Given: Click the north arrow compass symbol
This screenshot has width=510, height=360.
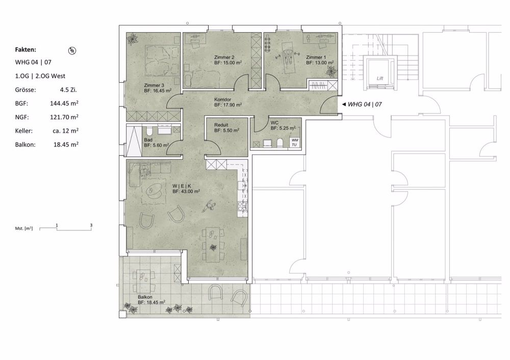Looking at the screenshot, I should [72, 50].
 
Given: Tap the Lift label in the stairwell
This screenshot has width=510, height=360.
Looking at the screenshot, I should [379, 79].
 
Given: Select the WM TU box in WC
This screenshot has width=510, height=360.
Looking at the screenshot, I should [294, 142].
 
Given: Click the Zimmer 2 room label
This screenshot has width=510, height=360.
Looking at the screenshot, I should [224, 57].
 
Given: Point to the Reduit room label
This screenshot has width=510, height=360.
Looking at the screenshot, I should [221, 124].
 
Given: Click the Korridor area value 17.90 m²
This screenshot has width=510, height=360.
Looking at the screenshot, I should [227, 105].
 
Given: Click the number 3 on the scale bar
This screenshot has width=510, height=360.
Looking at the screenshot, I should [91, 224].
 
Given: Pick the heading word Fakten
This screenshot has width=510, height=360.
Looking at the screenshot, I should [25, 50].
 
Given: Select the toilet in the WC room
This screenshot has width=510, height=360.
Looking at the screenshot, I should [279, 142].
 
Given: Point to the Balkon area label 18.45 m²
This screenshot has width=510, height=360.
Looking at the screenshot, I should [151, 302].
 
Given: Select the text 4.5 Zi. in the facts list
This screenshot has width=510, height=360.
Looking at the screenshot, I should [69, 89].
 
